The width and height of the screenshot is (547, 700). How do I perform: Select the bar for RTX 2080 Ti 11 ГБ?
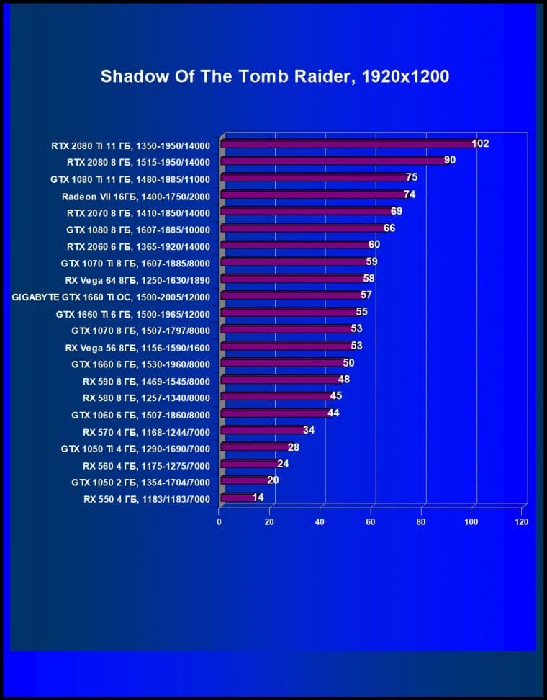click(345, 144)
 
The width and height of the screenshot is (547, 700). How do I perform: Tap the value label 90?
click(450, 160)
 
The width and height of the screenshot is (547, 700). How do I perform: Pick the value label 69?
click(397, 211)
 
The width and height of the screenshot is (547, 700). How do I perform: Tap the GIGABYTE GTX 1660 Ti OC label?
click(112, 296)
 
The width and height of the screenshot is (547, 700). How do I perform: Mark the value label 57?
click(366, 295)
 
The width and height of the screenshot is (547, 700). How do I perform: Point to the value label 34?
click(309, 431)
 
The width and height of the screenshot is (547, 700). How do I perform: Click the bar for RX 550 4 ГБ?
click(237, 498)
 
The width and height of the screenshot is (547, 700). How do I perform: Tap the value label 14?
click(258, 498)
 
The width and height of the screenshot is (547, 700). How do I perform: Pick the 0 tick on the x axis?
click(220, 521)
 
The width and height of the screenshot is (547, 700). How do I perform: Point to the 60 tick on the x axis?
click(371, 521)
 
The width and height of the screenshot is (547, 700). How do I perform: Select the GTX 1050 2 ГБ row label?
click(141, 481)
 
